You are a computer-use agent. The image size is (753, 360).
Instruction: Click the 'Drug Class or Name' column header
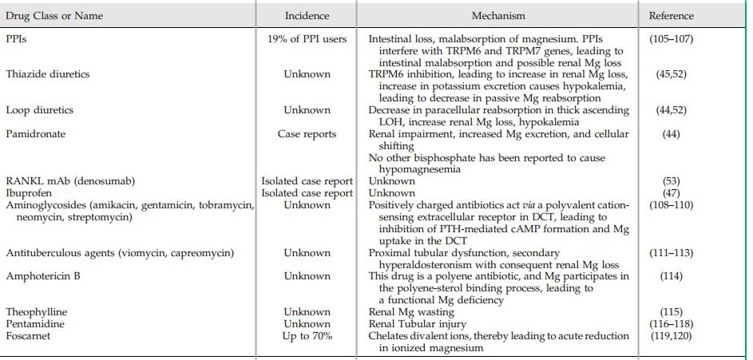point(54,16)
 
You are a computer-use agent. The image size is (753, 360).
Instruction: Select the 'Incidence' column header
point(307,16)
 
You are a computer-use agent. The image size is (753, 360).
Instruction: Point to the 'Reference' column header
point(671,16)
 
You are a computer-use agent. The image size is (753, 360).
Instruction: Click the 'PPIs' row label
point(16,38)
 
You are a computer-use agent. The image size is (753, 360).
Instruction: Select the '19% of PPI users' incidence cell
point(307,38)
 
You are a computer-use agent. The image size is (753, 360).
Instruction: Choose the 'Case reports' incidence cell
point(307,133)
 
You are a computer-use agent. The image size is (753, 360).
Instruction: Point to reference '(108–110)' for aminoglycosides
point(671,205)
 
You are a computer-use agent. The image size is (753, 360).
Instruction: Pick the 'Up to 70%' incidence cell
point(307,336)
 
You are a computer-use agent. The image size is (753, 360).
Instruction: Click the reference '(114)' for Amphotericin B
point(671,275)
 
